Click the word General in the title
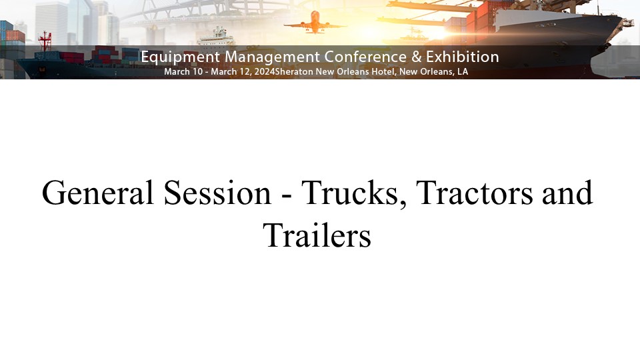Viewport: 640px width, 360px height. click(97, 193)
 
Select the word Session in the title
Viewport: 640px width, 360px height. click(217, 193)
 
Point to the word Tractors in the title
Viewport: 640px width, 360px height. click(474, 193)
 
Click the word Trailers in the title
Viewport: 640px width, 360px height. click(317, 235)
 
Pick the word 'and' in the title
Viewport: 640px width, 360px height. click(567, 193)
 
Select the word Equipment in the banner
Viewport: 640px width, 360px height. click(181, 57)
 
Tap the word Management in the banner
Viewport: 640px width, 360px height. click(272, 57)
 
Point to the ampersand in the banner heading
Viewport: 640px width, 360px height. click(416, 57)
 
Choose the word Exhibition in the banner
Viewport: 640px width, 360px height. click(463, 57)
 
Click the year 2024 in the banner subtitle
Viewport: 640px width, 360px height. click(265, 71)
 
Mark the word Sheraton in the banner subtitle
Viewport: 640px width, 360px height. click(294, 71)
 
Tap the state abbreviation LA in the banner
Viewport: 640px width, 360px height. click(463, 71)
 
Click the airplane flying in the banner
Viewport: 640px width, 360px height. click(315, 23)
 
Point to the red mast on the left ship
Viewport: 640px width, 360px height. click(45, 41)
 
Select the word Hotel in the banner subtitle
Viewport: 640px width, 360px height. click(383, 71)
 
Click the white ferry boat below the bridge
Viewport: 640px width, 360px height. click(216, 37)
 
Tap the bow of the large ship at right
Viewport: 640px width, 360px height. click(619, 25)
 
